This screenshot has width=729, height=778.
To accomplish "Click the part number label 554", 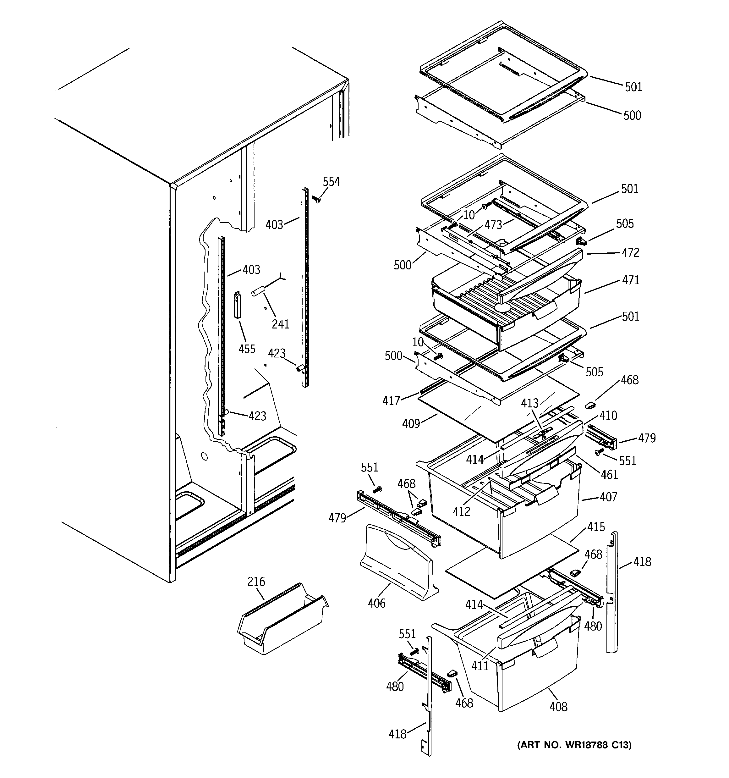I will coord(331,182).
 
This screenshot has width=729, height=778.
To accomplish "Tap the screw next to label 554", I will coord(316,200).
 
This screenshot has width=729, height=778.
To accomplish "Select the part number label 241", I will coord(280,324).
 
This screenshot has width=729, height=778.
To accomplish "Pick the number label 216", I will coord(256,582).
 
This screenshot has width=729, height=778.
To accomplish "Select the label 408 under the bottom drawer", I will coord(558,707).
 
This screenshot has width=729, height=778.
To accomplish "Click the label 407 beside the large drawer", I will coord(608,497).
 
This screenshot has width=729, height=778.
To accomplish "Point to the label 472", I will coord(630,253).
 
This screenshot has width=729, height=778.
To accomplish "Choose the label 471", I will coord(630,280).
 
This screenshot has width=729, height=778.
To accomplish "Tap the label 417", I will coord(391,401).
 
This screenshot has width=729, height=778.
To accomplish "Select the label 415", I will coord(596,527).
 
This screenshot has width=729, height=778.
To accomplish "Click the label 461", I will coord(609,475).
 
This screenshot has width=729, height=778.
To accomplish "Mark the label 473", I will coord(493,225).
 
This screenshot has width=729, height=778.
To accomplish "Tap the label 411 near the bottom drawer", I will coord(480,666).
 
